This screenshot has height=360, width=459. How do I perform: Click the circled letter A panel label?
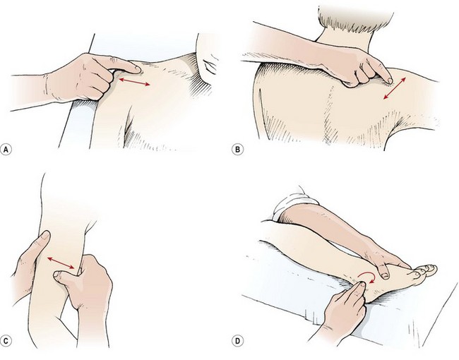pyautogui.click(x=7, y=150)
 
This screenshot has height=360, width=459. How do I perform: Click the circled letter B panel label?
pyautogui.click(x=238, y=150)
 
